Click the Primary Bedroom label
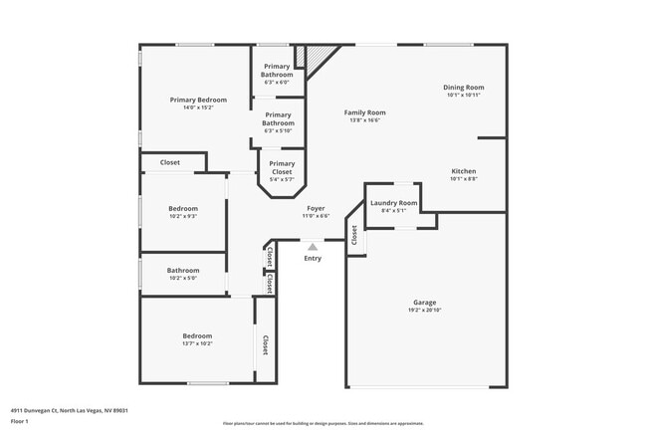click(198, 100)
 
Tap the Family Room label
click(364, 112)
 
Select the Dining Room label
click(463, 88)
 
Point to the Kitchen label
click(463, 171)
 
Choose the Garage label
click(425, 302)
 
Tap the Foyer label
click(315, 208)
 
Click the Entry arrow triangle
click(313, 246)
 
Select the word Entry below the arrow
click(313, 259)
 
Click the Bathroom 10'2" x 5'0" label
click(183, 271)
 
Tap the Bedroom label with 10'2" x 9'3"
click(183, 208)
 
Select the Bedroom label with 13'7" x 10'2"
click(197, 336)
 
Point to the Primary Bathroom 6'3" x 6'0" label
click(277, 71)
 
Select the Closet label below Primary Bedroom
click(169, 162)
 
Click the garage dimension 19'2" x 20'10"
click(425, 310)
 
